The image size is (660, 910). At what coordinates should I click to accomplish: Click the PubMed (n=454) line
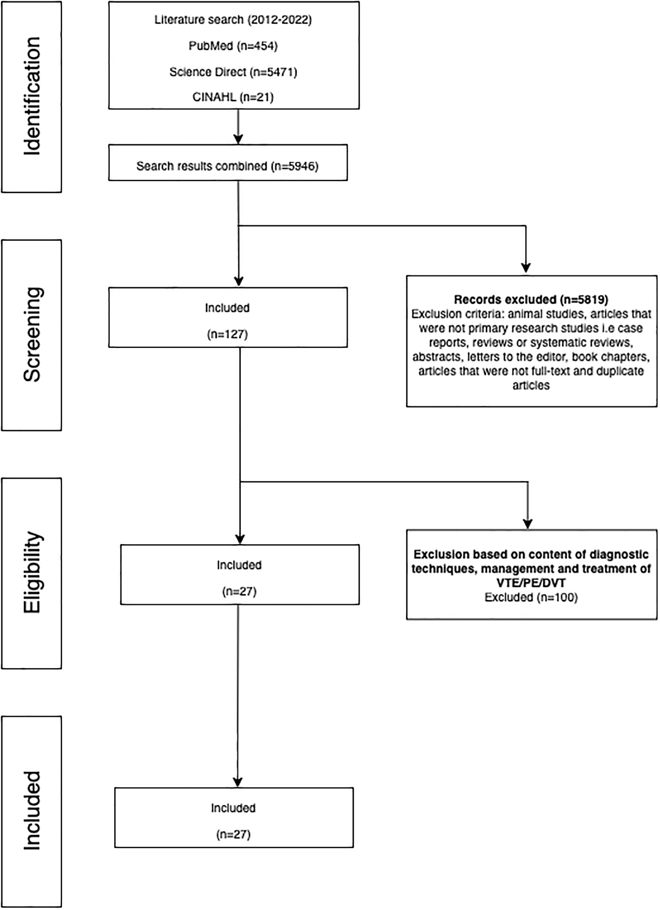[x=233, y=46]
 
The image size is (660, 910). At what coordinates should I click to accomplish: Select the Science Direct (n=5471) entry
[x=233, y=72]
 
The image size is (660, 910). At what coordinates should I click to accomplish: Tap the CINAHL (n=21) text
[x=233, y=97]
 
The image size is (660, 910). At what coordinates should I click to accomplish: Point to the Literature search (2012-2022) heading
[x=233, y=20]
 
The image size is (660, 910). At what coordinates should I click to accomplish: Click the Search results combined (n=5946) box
[x=228, y=162]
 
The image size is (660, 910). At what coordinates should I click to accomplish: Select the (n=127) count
[x=227, y=334]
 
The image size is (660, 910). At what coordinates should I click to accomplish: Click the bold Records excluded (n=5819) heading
[x=531, y=299]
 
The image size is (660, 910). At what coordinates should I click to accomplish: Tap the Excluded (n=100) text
[x=531, y=597]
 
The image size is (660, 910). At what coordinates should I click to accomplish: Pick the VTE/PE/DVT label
[x=531, y=583]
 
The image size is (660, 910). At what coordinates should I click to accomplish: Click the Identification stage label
[x=32, y=96]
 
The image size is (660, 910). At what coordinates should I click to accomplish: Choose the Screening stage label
[x=32, y=335]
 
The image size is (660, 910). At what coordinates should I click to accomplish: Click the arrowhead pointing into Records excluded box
[x=526, y=268]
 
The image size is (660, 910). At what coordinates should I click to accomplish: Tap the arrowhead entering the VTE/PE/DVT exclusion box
[x=528, y=524]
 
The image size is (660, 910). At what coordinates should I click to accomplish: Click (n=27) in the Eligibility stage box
[x=239, y=591]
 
